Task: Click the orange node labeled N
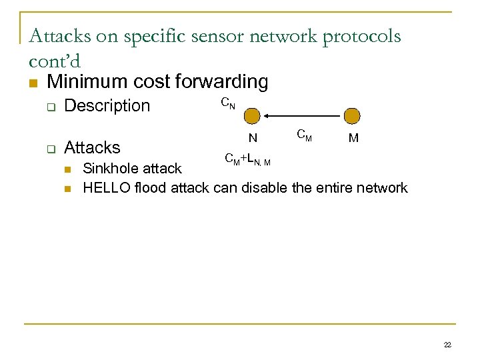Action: coord(252,116)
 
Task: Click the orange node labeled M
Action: coord(352,116)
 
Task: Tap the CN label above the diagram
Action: coord(227,103)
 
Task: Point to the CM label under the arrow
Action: coord(303,137)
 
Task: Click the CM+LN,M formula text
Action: coord(247,159)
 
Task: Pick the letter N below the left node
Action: coord(253,139)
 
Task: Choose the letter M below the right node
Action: coord(353,139)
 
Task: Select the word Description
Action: coord(107,105)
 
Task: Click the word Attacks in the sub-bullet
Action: coord(92,147)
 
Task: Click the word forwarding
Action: coord(225,82)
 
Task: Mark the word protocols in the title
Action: coord(361,36)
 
